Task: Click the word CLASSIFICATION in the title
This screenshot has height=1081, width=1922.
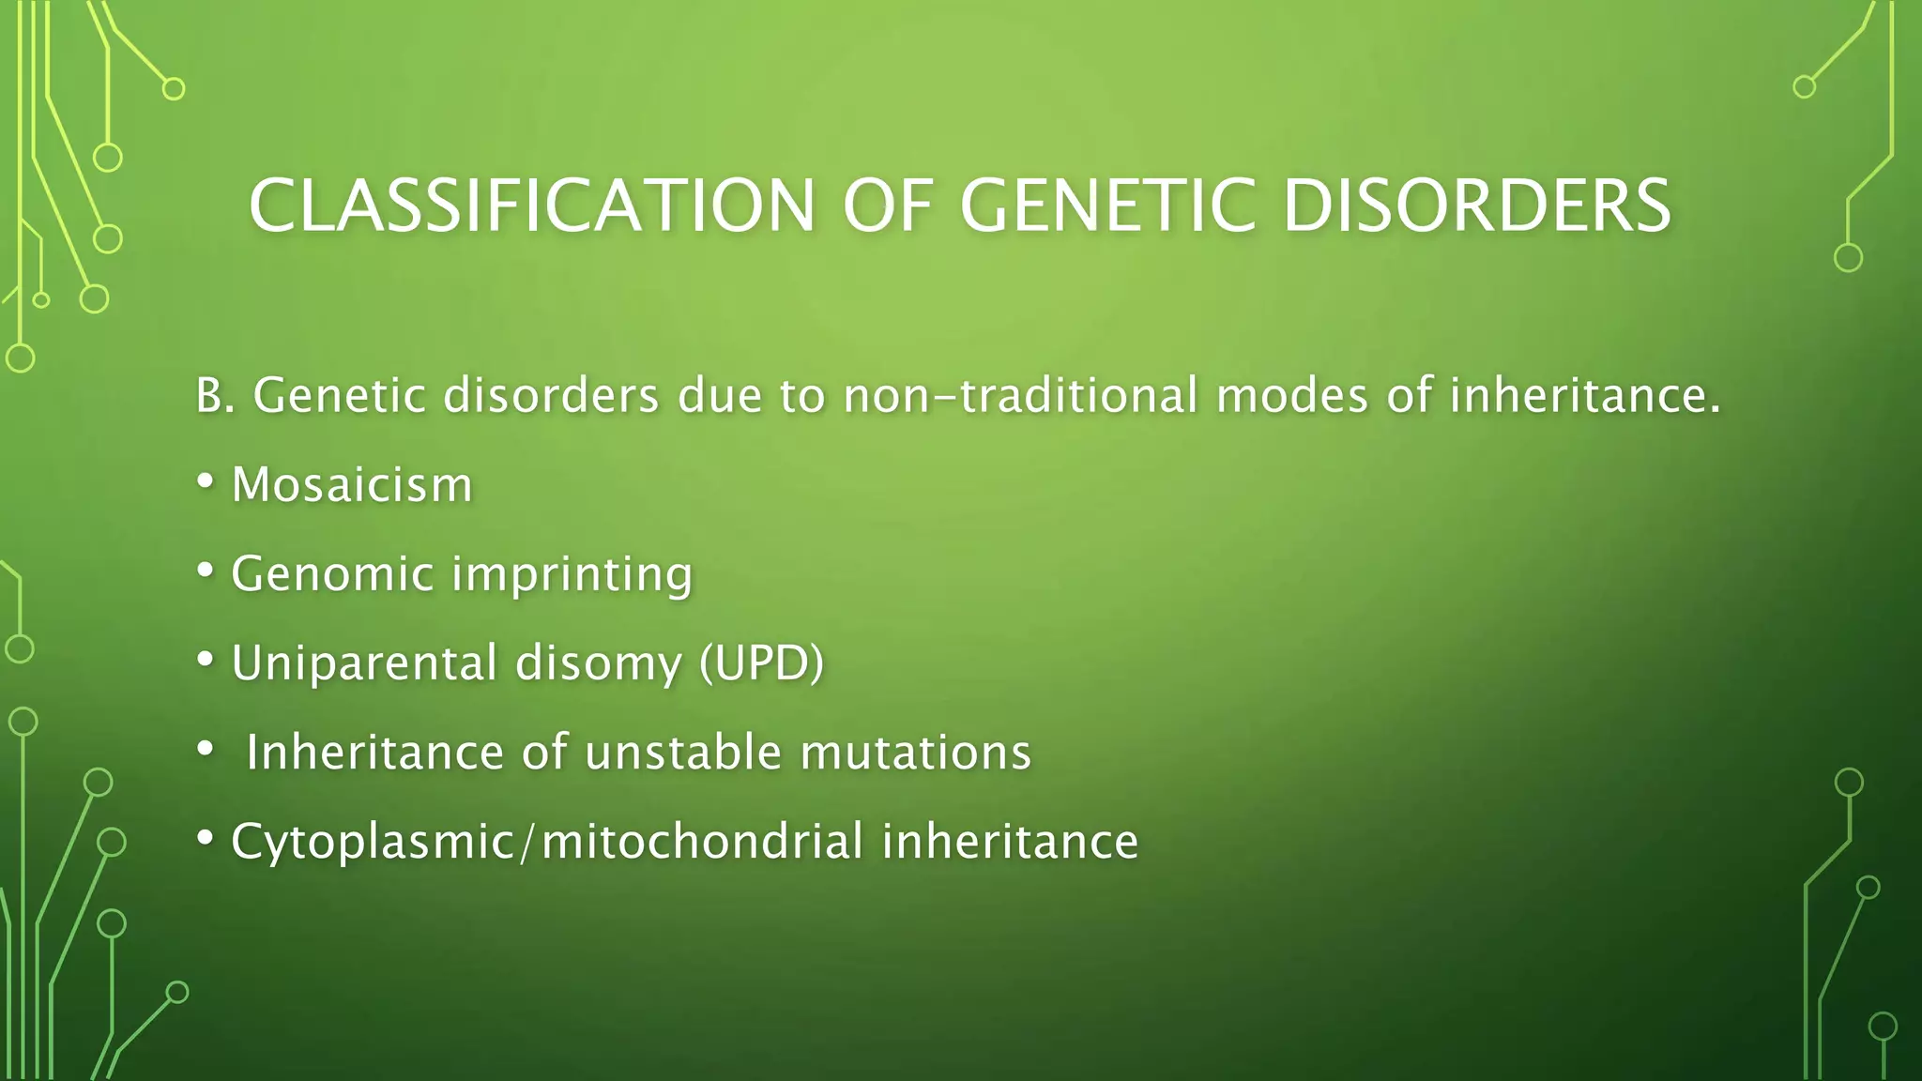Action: click(532, 206)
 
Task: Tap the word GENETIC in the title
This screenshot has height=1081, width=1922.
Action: click(1107, 206)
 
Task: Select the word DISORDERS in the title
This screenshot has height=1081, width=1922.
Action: click(1476, 206)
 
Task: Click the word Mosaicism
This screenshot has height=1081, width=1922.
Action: click(352, 485)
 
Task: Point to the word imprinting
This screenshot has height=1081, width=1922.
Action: click(572, 574)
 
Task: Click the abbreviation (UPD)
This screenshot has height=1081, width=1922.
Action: click(761, 663)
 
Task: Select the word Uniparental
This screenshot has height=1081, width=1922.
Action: click(364, 663)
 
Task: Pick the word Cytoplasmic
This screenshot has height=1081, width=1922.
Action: click(373, 842)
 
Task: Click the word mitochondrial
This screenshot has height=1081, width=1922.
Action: click(702, 842)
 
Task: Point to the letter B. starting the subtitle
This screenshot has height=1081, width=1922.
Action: click(215, 396)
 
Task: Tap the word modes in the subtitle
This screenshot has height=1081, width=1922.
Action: click(1292, 396)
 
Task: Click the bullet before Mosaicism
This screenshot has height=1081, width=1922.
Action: click(205, 482)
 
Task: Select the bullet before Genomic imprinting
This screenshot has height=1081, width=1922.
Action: click(205, 571)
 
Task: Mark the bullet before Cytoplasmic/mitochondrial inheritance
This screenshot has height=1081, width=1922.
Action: click(205, 839)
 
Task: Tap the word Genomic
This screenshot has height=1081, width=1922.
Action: click(332, 574)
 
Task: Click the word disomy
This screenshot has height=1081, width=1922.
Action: click(598, 663)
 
